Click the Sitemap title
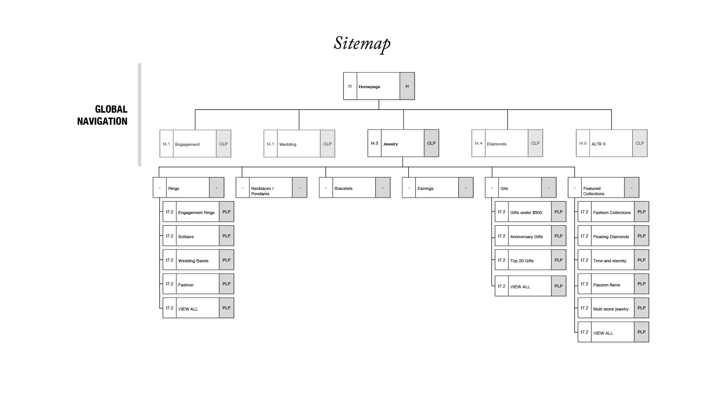click(x=362, y=43)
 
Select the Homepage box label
click(x=369, y=87)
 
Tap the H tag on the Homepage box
click(x=407, y=86)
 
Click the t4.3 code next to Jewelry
click(x=374, y=143)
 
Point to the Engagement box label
click(x=187, y=144)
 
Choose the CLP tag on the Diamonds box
click(x=535, y=143)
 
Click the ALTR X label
click(x=598, y=144)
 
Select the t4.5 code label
click(x=583, y=143)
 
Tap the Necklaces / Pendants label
click(x=262, y=191)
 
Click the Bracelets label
click(x=343, y=188)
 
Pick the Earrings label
click(x=425, y=188)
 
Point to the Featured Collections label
click(x=593, y=191)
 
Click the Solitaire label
click(x=186, y=237)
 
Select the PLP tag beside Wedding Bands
click(x=226, y=260)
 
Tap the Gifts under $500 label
click(x=526, y=213)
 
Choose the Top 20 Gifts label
click(x=522, y=261)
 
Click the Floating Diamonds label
click(x=611, y=237)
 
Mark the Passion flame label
click(x=606, y=285)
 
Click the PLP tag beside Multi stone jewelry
click(x=641, y=308)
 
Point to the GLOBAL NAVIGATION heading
click(x=102, y=115)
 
